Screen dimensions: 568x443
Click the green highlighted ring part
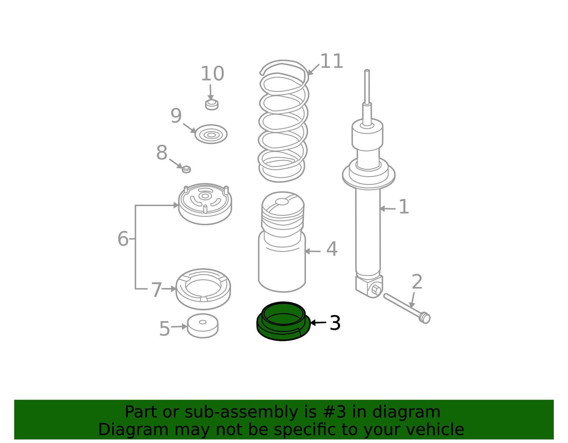283,331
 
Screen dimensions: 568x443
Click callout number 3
335,323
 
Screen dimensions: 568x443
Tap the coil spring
283,121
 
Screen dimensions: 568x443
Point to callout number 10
212,73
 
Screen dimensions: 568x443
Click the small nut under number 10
212,105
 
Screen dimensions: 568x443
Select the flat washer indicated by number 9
211,134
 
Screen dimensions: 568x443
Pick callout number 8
162,153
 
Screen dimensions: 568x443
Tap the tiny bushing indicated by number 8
186,170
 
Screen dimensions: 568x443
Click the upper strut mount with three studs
205,204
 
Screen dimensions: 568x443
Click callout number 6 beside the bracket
123,239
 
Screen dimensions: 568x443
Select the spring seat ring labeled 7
203,289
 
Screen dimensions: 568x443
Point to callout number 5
164,329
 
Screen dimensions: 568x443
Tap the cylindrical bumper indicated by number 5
203,326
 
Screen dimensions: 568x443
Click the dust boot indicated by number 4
282,242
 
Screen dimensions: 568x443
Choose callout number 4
332,249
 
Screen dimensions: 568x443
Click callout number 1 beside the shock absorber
404,206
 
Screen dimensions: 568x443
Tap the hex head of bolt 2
425,318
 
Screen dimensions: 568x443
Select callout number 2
417,282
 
